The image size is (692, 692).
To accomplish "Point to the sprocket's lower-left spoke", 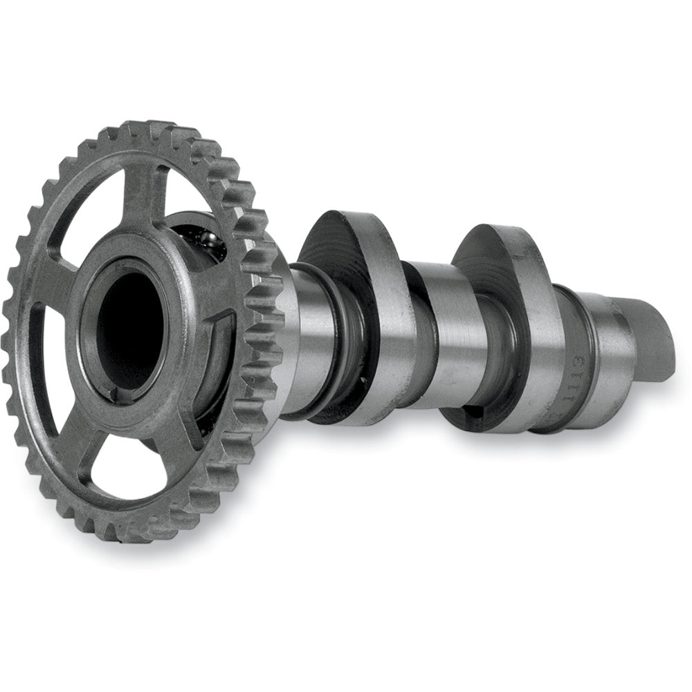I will (x=66, y=443).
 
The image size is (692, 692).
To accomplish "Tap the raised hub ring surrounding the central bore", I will (x=173, y=291).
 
